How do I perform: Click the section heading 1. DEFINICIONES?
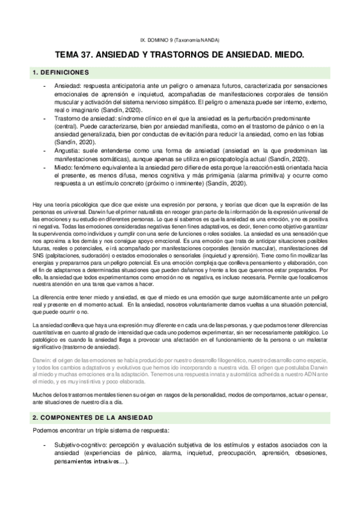pyautogui.click(x=58, y=73)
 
